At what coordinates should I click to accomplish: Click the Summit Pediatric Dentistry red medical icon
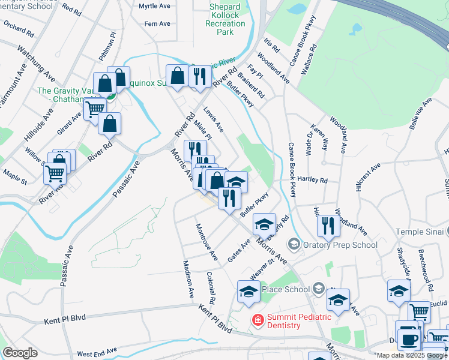(x=258, y=320)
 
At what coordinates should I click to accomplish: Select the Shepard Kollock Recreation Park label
(x=225, y=19)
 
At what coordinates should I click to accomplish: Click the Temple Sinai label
(x=420, y=232)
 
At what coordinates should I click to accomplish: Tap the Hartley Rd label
(x=313, y=180)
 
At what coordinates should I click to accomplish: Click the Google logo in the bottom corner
(x=20, y=353)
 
